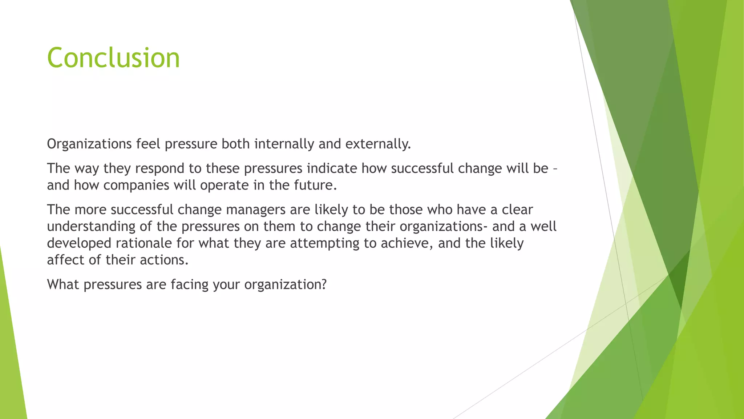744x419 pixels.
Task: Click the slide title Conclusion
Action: click(x=113, y=58)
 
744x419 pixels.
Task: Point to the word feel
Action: click(x=148, y=144)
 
